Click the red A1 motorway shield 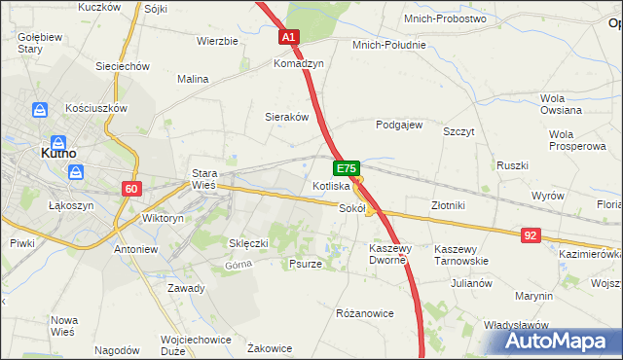click(x=289, y=37)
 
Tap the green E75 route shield click(x=348, y=167)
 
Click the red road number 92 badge click(x=531, y=234)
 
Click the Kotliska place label click(x=331, y=185)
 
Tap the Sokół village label click(x=351, y=208)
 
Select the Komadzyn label click(x=299, y=63)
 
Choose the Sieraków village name click(x=287, y=117)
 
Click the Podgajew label click(x=399, y=125)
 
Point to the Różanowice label click(x=364, y=313)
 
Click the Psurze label click(x=306, y=264)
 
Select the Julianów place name click(x=471, y=283)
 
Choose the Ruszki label click(x=512, y=165)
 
